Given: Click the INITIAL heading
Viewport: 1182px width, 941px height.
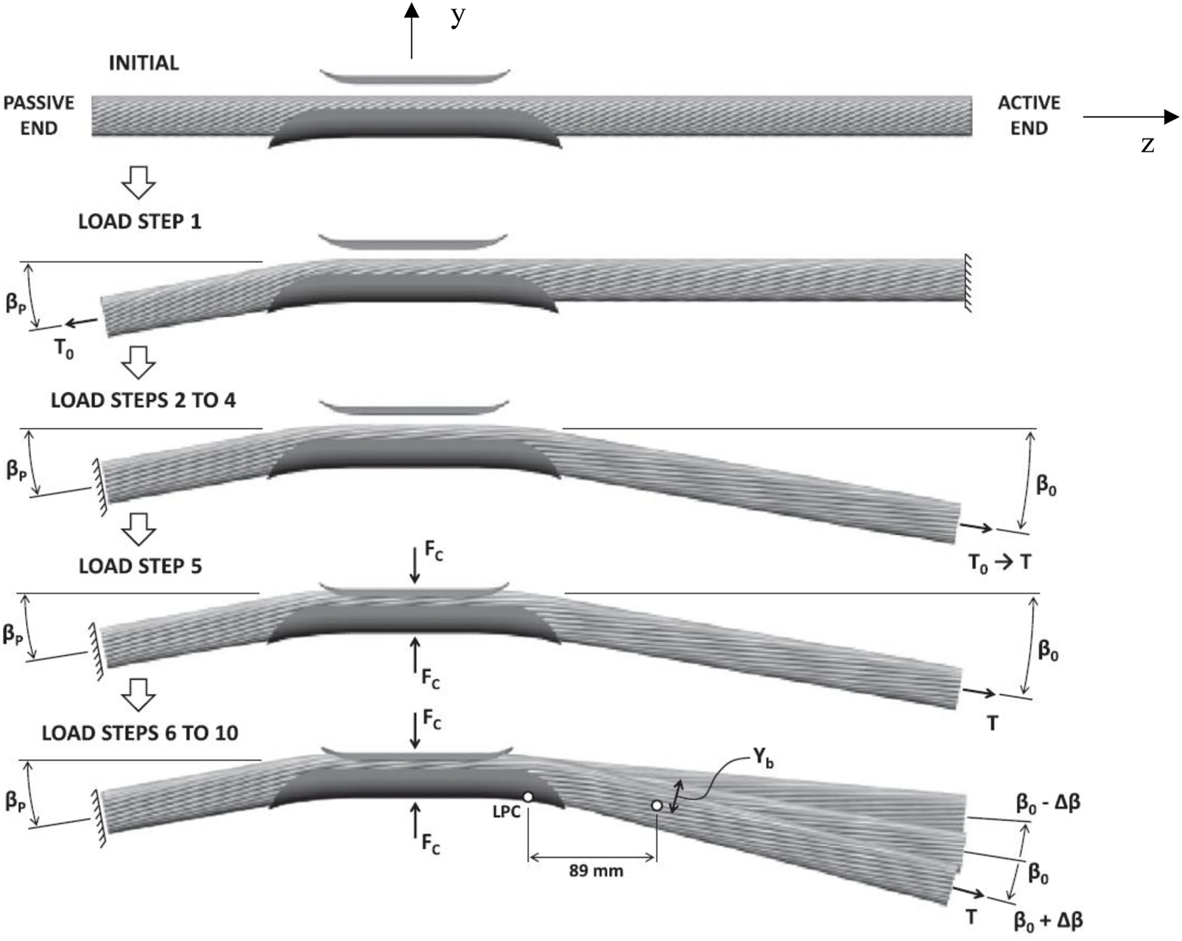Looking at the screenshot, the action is (144, 63).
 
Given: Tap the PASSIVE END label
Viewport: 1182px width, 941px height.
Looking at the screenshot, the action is (39, 115).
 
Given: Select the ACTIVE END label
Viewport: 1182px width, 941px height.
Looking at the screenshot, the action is (1029, 115).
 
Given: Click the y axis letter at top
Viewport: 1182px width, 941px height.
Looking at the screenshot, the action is (458, 17).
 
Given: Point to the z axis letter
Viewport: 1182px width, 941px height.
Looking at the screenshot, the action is (1147, 145).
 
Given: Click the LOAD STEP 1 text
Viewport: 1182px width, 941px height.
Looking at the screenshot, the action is (140, 221).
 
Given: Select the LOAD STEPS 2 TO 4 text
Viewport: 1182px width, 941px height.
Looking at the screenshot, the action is (143, 400).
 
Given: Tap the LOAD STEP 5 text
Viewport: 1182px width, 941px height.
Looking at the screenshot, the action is (140, 566).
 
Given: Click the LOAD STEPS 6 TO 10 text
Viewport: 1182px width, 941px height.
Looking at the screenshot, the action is (140, 732).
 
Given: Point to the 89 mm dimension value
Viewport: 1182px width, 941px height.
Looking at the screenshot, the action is (596, 871).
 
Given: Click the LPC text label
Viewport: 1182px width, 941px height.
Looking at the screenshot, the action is (506, 811).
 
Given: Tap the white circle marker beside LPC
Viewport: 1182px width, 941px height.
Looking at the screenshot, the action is (527, 797).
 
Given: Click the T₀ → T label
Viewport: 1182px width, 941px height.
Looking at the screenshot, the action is (999, 564).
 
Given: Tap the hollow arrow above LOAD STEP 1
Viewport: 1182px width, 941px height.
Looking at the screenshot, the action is (138, 182).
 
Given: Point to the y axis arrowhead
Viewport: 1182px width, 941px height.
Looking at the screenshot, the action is (412, 10).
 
